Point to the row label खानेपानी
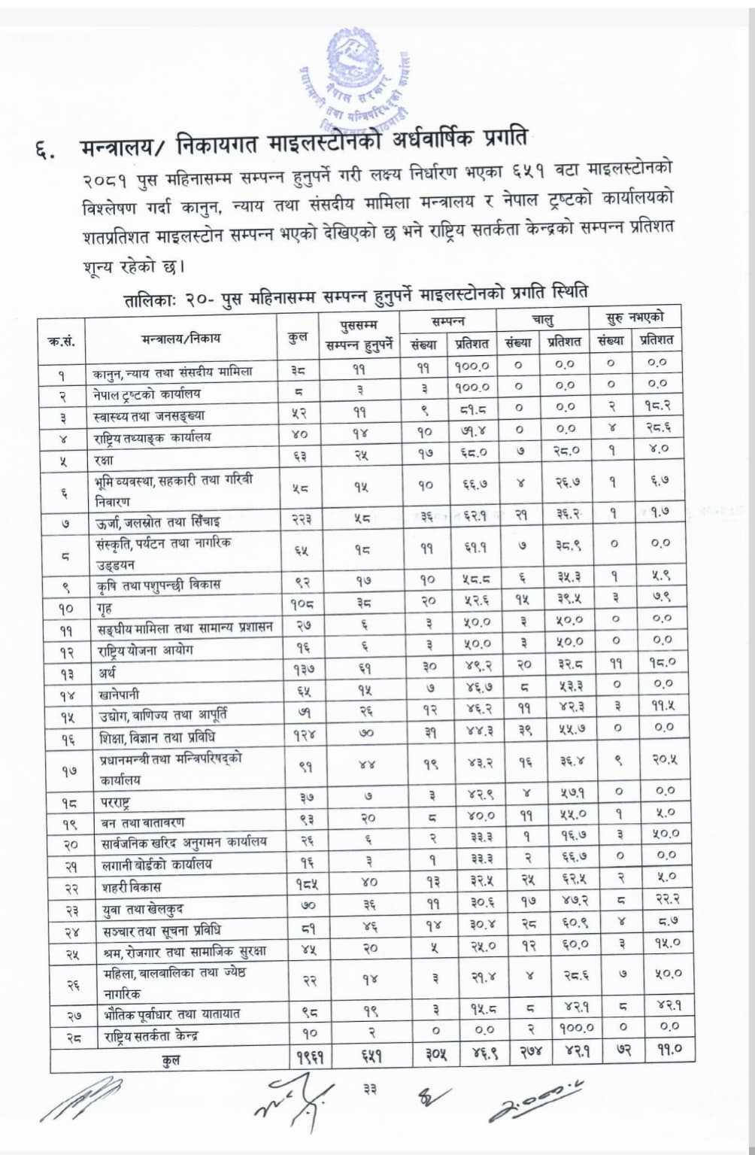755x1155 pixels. [119, 695]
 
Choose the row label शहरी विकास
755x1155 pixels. [131, 886]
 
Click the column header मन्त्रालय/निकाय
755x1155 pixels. [180, 338]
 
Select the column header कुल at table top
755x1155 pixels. [297, 336]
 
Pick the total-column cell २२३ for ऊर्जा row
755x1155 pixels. [298, 519]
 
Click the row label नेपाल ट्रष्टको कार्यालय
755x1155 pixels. [147, 394]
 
